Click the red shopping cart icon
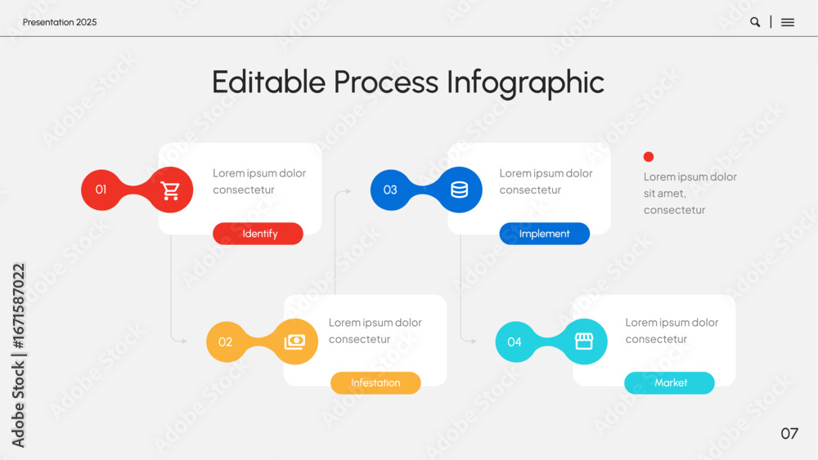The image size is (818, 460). pos(170,190)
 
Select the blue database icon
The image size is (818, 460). pos(459,190)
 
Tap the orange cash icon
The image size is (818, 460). pos(294,342)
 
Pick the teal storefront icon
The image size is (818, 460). pos(584,342)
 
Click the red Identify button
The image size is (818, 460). pos(258,234)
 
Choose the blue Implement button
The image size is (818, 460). pos(545,234)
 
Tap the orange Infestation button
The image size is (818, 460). pos(375,383)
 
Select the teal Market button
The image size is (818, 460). pos(669,383)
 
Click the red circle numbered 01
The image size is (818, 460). pos(101,190)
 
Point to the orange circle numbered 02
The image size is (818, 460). pos(226,342)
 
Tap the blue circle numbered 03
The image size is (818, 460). pos(390,190)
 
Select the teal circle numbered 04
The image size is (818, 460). pos(515,342)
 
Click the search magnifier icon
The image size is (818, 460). pos(755,22)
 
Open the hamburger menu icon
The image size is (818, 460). pos(788,22)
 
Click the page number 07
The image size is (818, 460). pos(789,433)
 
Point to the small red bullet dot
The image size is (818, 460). pos(649,157)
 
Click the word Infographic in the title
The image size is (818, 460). pos(525,83)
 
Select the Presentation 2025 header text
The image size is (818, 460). pos(60,22)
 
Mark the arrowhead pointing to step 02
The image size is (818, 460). pos(183,341)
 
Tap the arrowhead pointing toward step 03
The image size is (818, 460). pos(348,191)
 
